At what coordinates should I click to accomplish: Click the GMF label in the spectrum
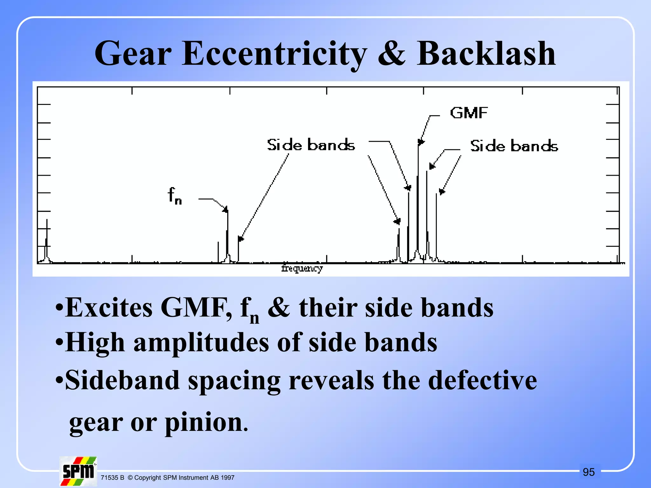[x=469, y=113]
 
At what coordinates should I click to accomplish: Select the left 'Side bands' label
[x=311, y=145]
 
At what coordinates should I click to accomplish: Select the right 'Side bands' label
[x=514, y=146]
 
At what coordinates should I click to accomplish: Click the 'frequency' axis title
[x=302, y=268]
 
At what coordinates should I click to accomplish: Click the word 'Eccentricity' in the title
[x=274, y=54]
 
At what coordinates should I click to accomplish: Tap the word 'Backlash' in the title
[x=486, y=54]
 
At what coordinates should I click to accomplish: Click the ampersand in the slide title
[x=392, y=54]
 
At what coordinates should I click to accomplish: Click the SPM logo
[x=78, y=471]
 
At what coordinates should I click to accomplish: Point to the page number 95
[x=589, y=472]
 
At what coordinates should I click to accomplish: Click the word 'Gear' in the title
[x=133, y=54]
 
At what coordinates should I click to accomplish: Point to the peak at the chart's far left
[x=47, y=241]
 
